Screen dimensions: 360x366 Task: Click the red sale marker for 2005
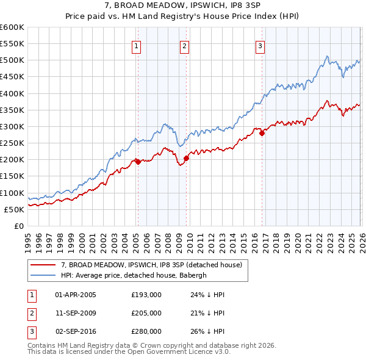click(x=138, y=162)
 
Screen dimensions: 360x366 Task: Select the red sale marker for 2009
click(x=186, y=158)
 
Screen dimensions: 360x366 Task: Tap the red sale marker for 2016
click(x=262, y=133)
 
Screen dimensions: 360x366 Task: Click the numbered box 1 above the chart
click(x=136, y=45)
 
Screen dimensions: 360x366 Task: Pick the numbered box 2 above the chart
click(x=184, y=45)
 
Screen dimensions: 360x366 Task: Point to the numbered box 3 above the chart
click(x=260, y=45)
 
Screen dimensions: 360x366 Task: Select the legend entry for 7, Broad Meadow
click(x=152, y=265)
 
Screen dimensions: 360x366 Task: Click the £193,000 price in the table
click(x=146, y=295)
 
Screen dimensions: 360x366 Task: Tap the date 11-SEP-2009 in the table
click(x=76, y=313)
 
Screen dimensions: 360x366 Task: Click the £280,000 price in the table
click(x=146, y=331)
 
